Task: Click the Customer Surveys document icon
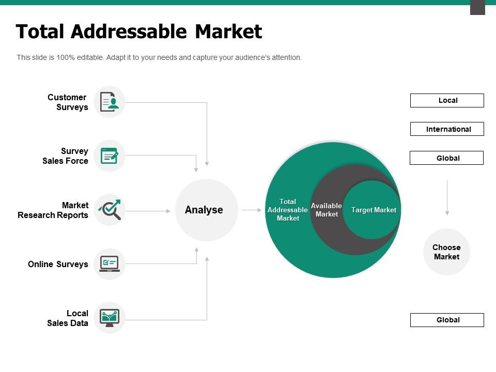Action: (110, 102)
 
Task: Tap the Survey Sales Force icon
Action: (110, 156)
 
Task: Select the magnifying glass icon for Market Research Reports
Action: (110, 209)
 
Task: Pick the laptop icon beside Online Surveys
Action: (110, 264)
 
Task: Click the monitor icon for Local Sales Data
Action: (110, 318)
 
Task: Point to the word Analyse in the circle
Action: (204, 210)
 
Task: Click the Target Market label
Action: (374, 210)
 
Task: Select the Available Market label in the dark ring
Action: (327, 210)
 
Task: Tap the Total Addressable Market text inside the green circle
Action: (288, 210)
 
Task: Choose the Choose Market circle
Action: (446, 252)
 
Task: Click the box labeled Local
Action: (447, 100)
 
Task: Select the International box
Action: (447, 129)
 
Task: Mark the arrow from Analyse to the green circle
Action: (252, 210)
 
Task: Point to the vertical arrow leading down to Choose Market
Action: (447, 198)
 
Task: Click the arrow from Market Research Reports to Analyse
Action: (148, 211)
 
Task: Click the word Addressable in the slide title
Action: (129, 32)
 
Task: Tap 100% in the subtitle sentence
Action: (66, 57)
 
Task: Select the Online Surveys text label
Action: (58, 264)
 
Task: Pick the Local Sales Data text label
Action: (67, 318)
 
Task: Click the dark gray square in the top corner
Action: (477, 7)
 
